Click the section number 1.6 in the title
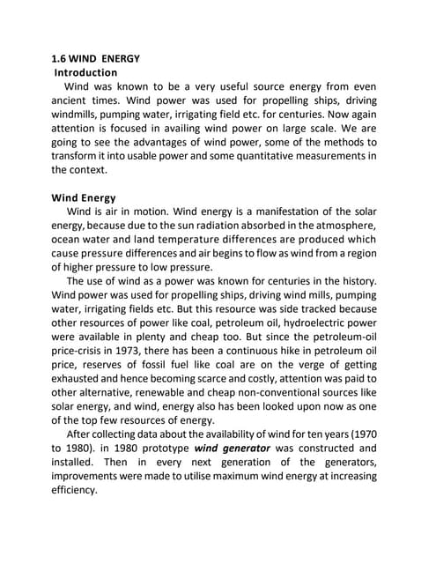[60, 59]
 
